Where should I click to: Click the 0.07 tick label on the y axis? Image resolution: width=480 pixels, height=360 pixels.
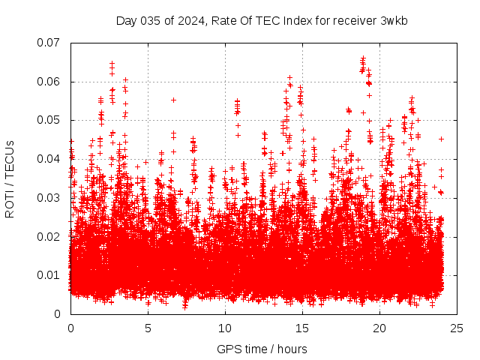(49, 43)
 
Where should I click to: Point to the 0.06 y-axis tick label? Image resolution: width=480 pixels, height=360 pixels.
(49, 82)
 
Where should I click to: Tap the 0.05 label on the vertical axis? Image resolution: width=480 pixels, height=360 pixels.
(49, 120)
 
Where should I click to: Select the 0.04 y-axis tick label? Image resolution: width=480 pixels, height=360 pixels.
(49, 159)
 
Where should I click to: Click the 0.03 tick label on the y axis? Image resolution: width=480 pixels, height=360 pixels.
(49, 198)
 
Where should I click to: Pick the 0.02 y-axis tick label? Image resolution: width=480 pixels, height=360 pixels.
(49, 236)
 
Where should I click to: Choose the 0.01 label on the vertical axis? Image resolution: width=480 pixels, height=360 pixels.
(49, 275)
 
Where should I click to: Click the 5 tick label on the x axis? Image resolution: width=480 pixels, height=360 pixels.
(148, 328)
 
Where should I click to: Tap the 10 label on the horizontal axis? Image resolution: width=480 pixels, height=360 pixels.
(225, 328)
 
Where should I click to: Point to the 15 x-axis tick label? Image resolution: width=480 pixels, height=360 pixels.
(302, 328)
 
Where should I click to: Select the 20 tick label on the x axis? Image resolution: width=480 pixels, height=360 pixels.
(379, 328)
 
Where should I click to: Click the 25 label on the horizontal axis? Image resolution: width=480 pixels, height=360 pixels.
(457, 328)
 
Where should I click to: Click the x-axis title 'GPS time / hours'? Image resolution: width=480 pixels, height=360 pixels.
(262, 349)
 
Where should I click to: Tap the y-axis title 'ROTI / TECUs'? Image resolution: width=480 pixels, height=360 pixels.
(10, 178)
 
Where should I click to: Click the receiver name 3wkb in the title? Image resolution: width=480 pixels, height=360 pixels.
(394, 20)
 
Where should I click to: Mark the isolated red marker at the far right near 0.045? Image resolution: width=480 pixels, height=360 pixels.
(441, 139)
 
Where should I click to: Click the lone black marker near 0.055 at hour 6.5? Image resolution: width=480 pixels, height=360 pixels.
(173, 100)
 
